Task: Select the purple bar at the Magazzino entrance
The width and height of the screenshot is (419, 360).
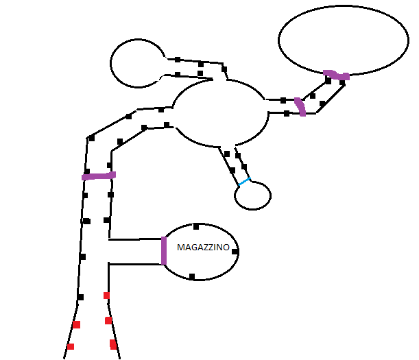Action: pyautogui.click(x=164, y=250)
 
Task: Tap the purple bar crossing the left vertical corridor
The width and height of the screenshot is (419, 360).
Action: pyautogui.click(x=99, y=176)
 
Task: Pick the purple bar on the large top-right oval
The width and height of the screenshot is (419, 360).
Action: pyautogui.click(x=336, y=74)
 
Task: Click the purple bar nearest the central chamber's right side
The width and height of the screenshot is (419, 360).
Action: pyautogui.click(x=300, y=106)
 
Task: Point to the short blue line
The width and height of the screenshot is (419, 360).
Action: pyautogui.click(x=244, y=182)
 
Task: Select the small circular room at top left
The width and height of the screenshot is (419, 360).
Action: pyautogui.click(x=138, y=63)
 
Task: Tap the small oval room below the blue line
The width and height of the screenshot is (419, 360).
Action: pyautogui.click(x=253, y=196)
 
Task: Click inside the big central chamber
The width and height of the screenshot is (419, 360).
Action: pyautogui.click(x=219, y=113)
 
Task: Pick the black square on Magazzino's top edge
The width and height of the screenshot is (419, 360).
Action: pyautogui.click(x=196, y=226)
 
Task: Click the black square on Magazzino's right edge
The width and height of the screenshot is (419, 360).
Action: pyautogui.click(x=235, y=252)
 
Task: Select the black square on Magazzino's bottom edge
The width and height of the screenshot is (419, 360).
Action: pyautogui.click(x=192, y=276)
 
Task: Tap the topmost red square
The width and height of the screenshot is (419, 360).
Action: pyautogui.click(x=106, y=296)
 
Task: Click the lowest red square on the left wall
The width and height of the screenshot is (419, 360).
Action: pyautogui.click(x=69, y=347)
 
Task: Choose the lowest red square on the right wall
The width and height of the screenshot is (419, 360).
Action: pyautogui.click(x=113, y=344)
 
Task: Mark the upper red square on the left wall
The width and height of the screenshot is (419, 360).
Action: pyautogui.click(x=76, y=324)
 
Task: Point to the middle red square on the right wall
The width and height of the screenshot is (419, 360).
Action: pyautogui.click(x=108, y=320)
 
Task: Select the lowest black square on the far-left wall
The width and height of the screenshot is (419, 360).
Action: pyautogui.click(x=80, y=297)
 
